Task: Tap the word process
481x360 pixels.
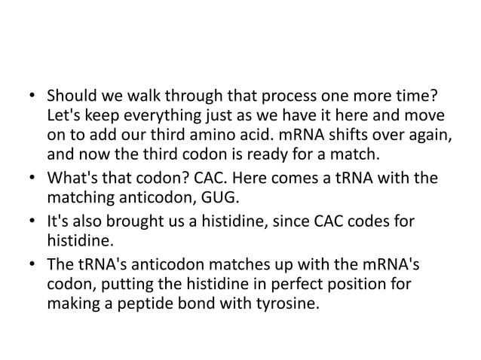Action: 269,99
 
